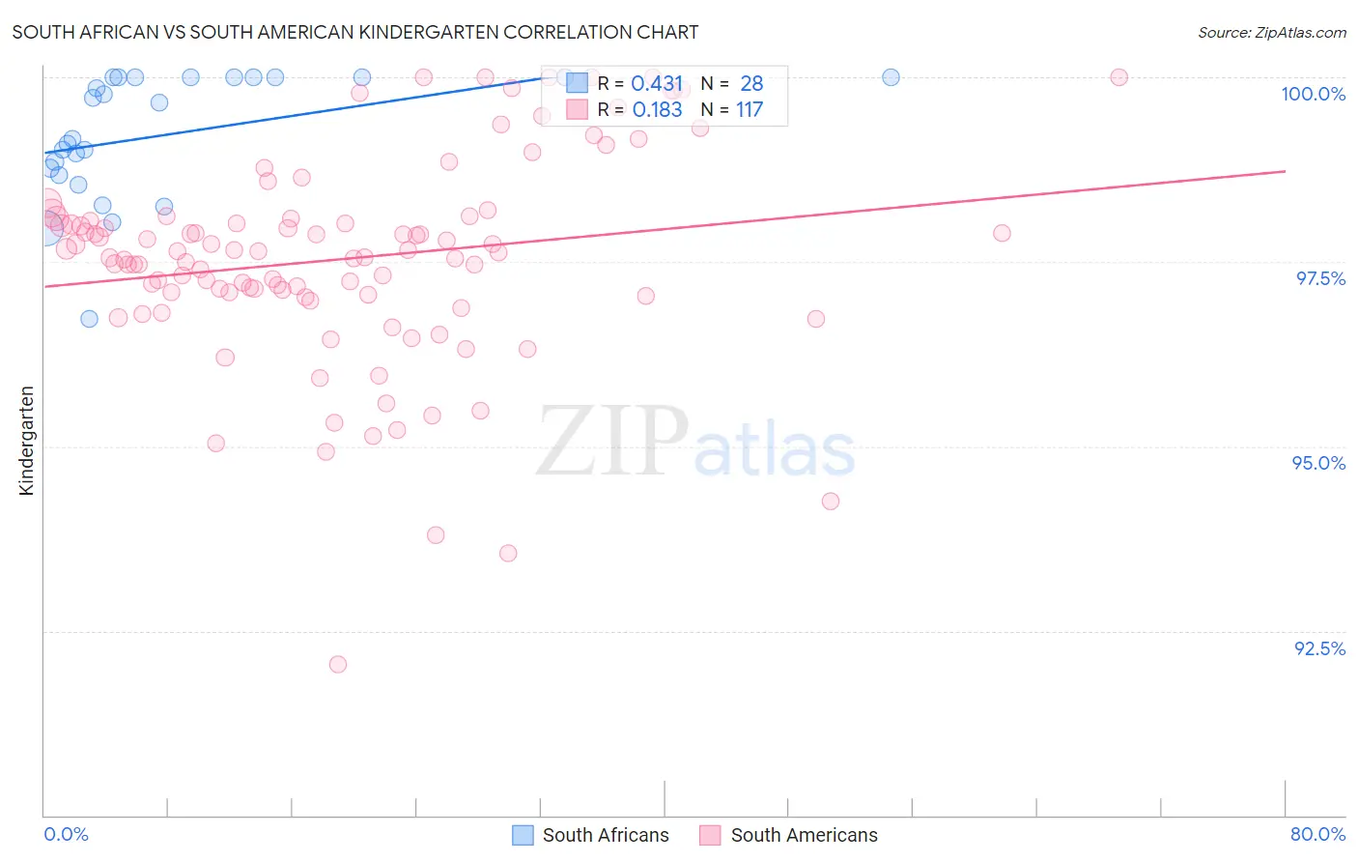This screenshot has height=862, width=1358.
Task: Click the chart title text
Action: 354,32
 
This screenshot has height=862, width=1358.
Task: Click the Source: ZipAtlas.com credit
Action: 1271,32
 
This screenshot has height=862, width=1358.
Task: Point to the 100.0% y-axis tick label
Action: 1313,94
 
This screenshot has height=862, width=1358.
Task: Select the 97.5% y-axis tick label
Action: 1319,278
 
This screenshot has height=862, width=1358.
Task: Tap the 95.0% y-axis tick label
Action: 1318,463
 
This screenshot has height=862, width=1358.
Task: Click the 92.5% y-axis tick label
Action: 1319,648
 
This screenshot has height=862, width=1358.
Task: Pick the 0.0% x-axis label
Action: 66,834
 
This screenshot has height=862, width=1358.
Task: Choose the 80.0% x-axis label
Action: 1317,834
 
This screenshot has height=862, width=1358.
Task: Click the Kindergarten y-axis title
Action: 27,441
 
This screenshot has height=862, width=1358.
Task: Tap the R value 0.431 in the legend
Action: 657,84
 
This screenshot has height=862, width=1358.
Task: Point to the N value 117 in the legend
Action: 750,110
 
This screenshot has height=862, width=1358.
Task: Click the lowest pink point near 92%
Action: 338,664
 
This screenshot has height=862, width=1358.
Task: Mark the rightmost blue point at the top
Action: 891,77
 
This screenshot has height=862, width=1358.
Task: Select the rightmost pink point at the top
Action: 1118,77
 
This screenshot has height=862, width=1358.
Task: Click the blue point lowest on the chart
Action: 89,319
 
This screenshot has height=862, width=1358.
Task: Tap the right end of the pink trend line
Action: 1285,171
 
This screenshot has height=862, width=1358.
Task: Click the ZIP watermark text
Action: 612,442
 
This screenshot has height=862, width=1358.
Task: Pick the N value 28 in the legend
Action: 751,84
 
